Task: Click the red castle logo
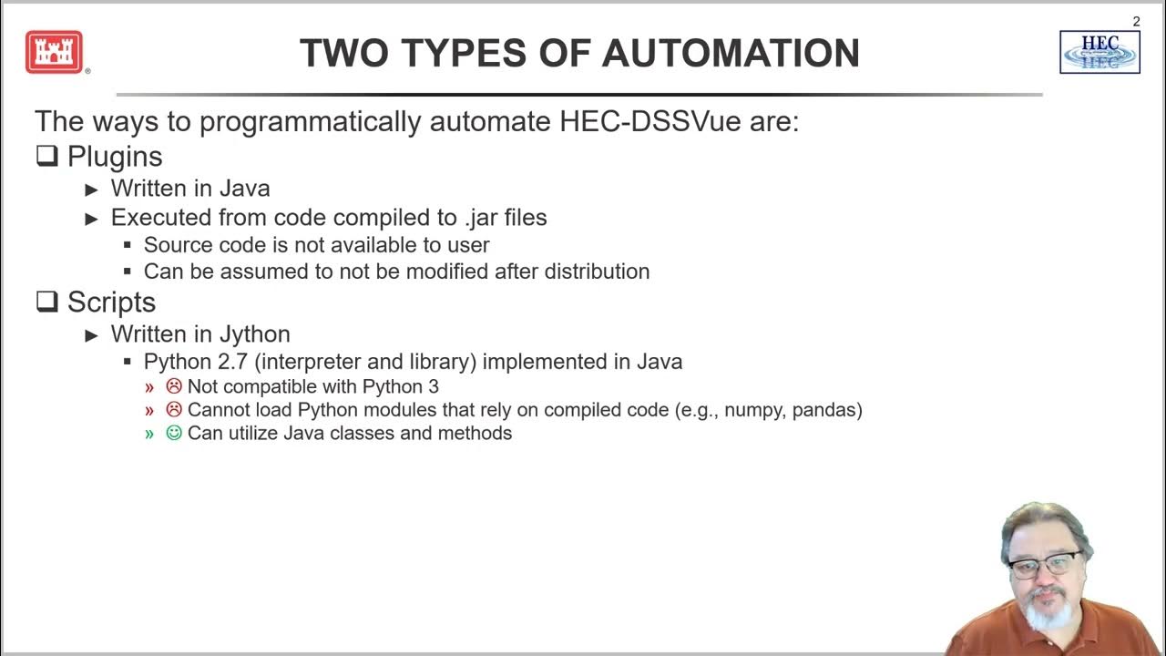pyautogui.click(x=55, y=52)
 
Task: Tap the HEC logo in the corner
pyautogui.click(x=1100, y=52)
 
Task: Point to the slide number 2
pyautogui.click(x=1136, y=21)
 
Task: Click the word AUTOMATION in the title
pyautogui.click(x=731, y=54)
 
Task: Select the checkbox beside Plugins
pyautogui.click(x=47, y=156)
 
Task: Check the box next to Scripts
pyautogui.click(x=47, y=302)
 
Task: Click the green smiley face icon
pyautogui.click(x=174, y=434)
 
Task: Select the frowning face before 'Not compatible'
pyautogui.click(x=174, y=386)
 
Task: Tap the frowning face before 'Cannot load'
pyautogui.click(x=174, y=410)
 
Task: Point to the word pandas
pyautogui.click(x=824, y=410)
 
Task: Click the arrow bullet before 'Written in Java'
pyautogui.click(x=91, y=190)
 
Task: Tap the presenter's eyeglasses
pyautogui.click(x=1046, y=565)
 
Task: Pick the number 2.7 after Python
pyautogui.click(x=235, y=362)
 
